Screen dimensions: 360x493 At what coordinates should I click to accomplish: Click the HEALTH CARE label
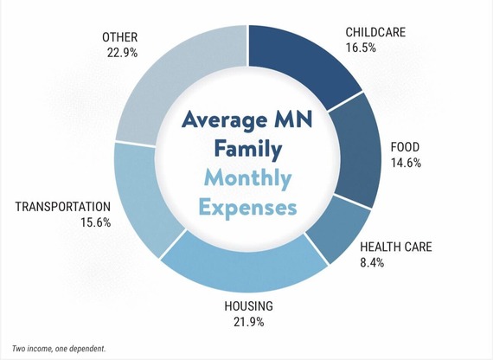[395, 247]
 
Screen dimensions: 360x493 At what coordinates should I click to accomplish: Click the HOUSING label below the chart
[247, 305]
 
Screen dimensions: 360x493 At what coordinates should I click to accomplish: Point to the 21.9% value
[247, 322]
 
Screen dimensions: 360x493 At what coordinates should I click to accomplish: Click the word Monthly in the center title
[246, 179]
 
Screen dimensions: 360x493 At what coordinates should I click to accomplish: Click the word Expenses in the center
[246, 208]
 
